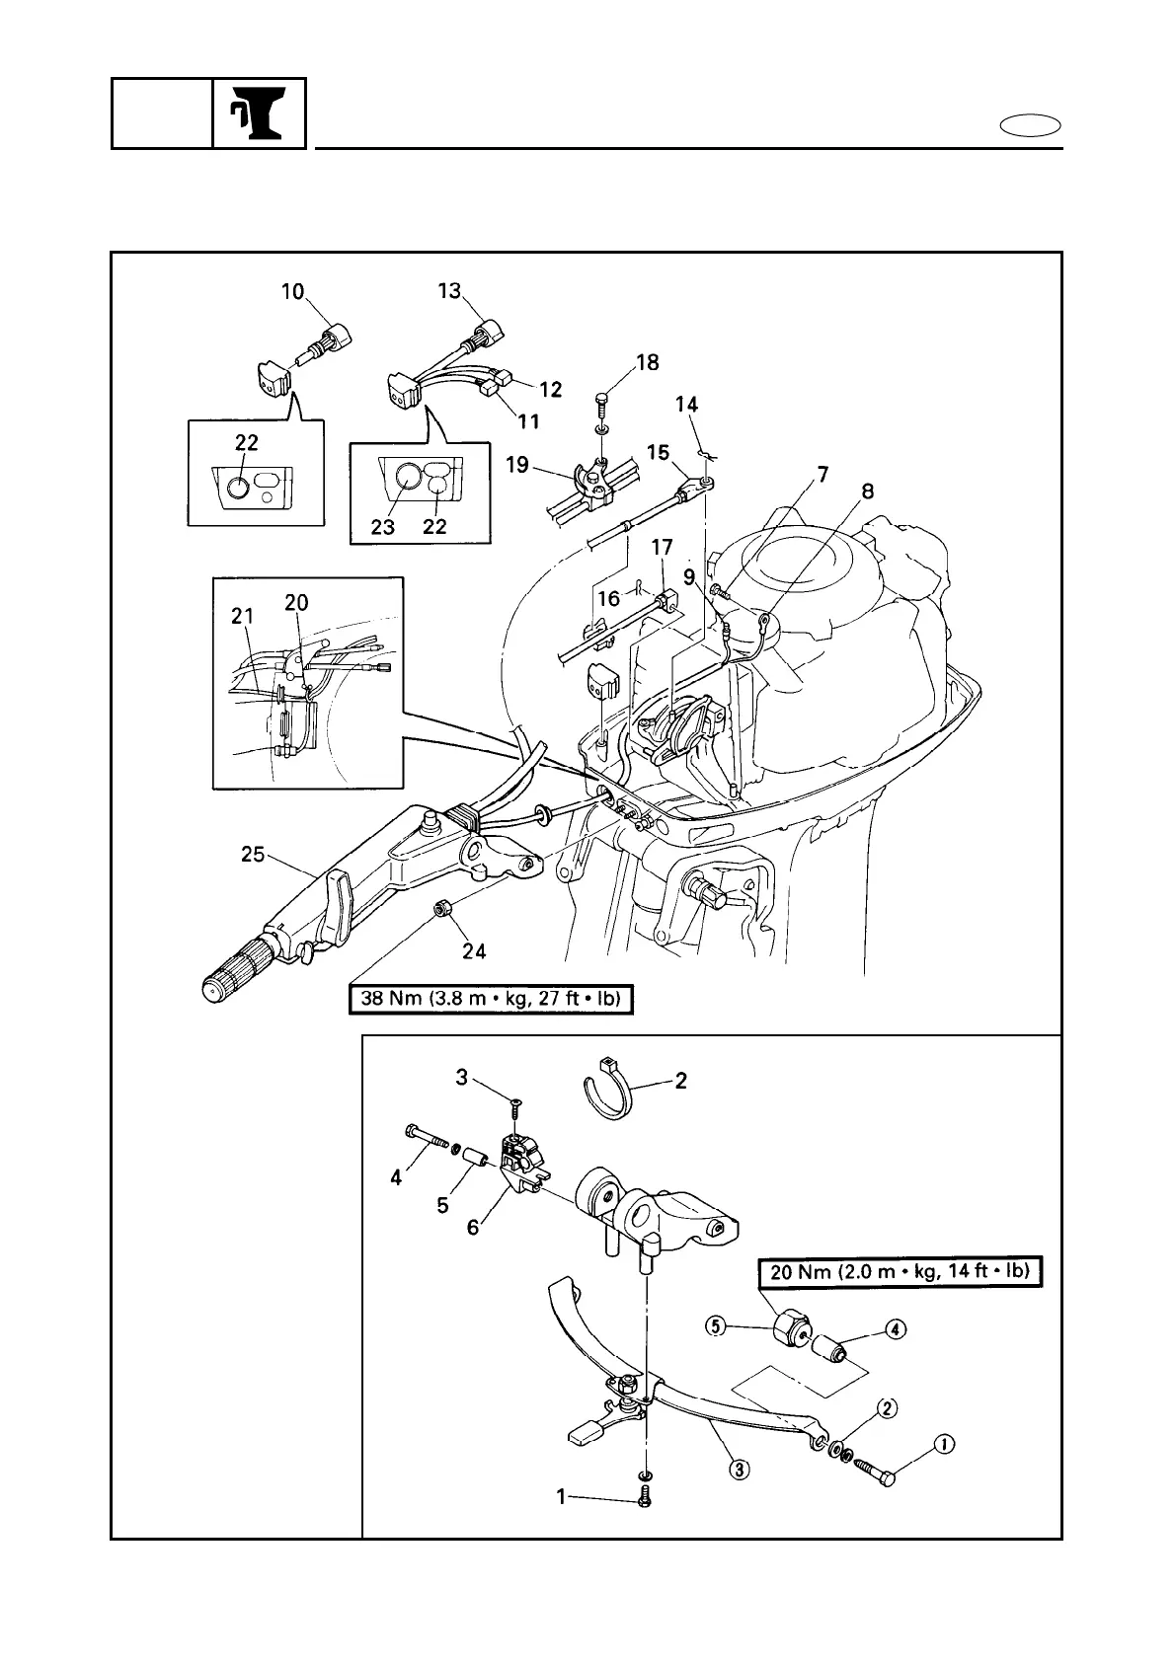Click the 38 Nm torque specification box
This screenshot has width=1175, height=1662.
490,1000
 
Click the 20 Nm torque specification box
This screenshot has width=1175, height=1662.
900,1272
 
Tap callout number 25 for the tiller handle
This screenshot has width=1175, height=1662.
254,854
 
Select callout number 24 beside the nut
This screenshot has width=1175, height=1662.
475,951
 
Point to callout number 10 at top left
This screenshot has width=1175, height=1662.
292,291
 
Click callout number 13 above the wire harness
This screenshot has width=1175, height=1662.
449,290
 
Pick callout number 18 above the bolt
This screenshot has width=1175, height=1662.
647,362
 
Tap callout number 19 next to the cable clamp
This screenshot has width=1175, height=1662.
517,464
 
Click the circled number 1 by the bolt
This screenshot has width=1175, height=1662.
944,1446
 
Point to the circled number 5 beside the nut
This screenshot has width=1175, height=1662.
715,1325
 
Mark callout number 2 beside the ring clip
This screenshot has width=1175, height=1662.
680,1080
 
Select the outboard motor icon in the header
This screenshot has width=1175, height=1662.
259,113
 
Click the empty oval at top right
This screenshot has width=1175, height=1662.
1030,126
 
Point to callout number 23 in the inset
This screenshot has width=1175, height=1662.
383,526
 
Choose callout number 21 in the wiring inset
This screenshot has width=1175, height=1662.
243,617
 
